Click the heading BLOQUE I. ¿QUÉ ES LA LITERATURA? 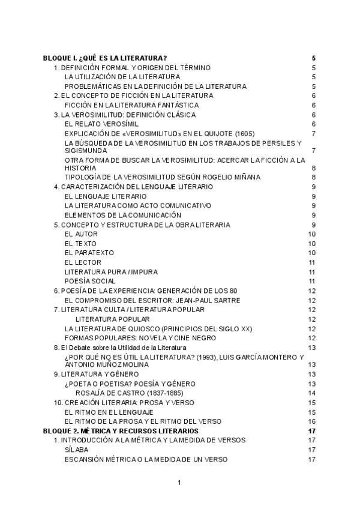(x=105, y=58)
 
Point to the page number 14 (x=312, y=393)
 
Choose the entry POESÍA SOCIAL (x=90, y=281)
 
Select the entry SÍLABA (x=76, y=450)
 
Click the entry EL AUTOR (x=81, y=234)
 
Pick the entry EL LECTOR (x=83, y=262)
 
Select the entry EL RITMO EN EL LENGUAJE (x=109, y=412)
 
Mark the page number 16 (x=312, y=421)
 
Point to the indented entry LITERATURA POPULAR (x=113, y=319)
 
